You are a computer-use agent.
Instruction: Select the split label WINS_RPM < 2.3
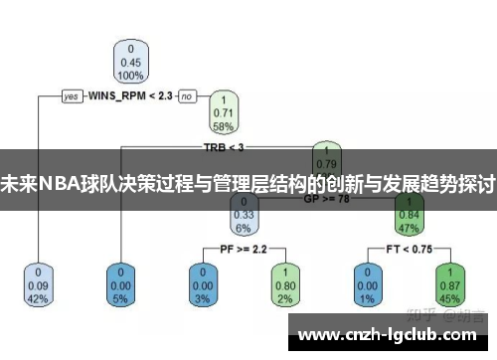point(129,96)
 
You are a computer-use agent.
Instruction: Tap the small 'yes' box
point(72,96)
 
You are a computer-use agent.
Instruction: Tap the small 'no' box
point(186,96)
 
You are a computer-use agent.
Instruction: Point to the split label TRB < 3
point(223,147)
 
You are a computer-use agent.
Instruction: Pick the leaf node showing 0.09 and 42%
point(39,284)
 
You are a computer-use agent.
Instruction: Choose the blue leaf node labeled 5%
point(121,284)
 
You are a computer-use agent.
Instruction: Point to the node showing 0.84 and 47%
point(408,214)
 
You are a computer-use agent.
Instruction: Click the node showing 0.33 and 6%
point(244,214)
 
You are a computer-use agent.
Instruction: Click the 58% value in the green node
point(224,127)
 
